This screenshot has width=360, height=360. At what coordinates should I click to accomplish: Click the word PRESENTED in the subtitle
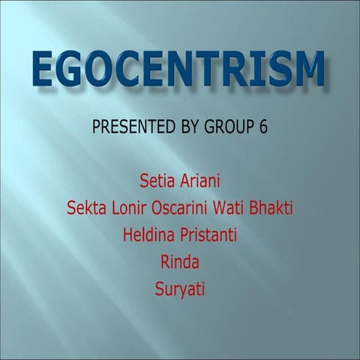tap(130, 126)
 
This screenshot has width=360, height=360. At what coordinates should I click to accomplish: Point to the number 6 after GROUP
tap(262, 126)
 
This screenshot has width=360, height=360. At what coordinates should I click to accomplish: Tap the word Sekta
tap(85, 207)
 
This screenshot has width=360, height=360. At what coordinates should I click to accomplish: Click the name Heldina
tap(147, 234)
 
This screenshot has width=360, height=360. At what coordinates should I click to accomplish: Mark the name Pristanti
tap(207, 234)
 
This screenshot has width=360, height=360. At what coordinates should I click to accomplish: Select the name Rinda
tap(179, 261)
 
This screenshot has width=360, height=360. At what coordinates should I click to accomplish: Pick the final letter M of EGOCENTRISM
tap(307, 69)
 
